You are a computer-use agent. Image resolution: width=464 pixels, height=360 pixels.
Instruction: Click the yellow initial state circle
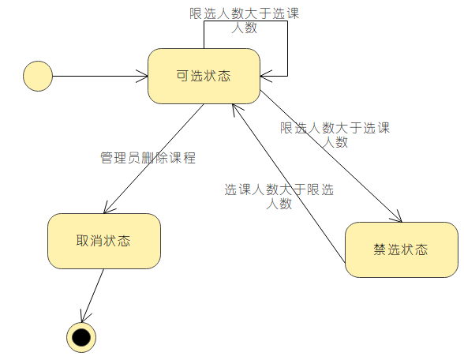(38, 77)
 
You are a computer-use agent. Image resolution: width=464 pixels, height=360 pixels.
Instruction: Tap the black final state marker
(81, 337)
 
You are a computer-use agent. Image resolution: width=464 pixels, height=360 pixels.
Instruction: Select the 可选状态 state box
(204, 76)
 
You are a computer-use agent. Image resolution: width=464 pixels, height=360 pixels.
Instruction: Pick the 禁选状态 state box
(401, 249)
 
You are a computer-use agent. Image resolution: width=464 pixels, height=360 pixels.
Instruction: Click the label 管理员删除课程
(148, 158)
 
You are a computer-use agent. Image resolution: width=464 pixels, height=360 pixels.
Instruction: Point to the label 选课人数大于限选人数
(279, 197)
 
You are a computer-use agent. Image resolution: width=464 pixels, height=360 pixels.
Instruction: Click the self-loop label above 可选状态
(245, 21)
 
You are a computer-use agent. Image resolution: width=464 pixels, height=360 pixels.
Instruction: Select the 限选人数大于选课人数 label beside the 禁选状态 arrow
(335, 135)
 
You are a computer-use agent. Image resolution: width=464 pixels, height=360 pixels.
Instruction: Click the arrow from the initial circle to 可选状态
(99, 77)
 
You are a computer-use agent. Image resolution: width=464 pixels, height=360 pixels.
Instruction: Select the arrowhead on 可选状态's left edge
(143, 77)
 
